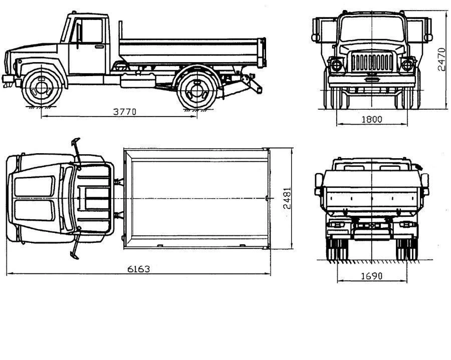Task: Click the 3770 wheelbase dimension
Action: pyautogui.click(x=124, y=112)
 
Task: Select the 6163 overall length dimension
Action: pyautogui.click(x=138, y=269)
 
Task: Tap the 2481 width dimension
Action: pyautogui.click(x=287, y=198)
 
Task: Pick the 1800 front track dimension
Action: pyautogui.click(x=371, y=119)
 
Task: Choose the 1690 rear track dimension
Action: pyautogui.click(x=371, y=276)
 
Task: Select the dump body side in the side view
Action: pyautogui.click(x=190, y=50)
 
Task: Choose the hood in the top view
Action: pyautogui.click(x=35, y=198)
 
